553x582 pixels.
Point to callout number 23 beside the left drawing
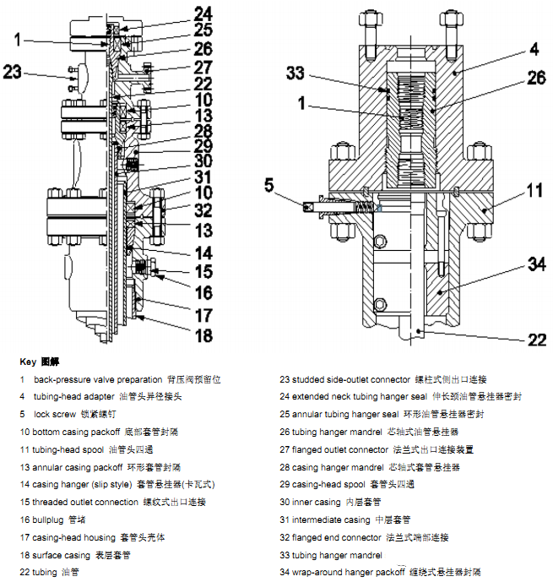pos(12,72)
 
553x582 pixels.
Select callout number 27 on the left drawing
pos(202,67)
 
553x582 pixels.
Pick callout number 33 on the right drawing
pos(295,73)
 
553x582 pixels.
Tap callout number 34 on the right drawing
pos(538,264)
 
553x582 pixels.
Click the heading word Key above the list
pos(28,361)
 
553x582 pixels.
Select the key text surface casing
pos(60,555)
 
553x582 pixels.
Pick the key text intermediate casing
pos(330,519)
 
